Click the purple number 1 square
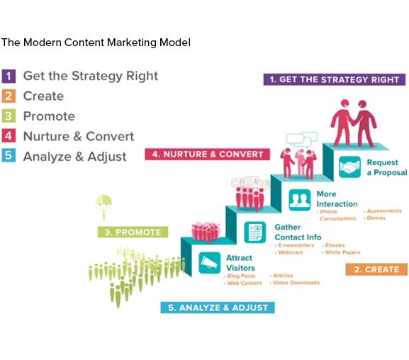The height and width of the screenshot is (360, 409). click(9, 76)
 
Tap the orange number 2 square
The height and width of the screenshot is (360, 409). click(9, 96)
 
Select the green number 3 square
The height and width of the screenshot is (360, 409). click(9, 116)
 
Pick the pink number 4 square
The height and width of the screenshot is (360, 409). click(9, 136)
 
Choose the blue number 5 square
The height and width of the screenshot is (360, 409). click(9, 156)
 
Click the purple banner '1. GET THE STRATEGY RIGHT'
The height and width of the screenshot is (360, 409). click(335, 79)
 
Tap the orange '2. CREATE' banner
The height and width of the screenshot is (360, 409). click(376, 269)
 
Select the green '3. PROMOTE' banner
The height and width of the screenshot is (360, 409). click(133, 232)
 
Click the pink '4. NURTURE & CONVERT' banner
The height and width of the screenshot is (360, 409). click(208, 154)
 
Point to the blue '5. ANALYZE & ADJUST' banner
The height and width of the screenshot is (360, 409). click(218, 308)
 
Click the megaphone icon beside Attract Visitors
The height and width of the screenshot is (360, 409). click(209, 263)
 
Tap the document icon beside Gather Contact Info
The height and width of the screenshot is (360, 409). click(255, 232)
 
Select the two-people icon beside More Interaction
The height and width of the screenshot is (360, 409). click(300, 200)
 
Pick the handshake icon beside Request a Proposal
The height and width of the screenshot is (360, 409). click(349, 167)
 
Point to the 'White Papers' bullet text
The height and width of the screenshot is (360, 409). click(343, 252)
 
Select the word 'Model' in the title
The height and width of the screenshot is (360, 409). click(175, 43)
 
